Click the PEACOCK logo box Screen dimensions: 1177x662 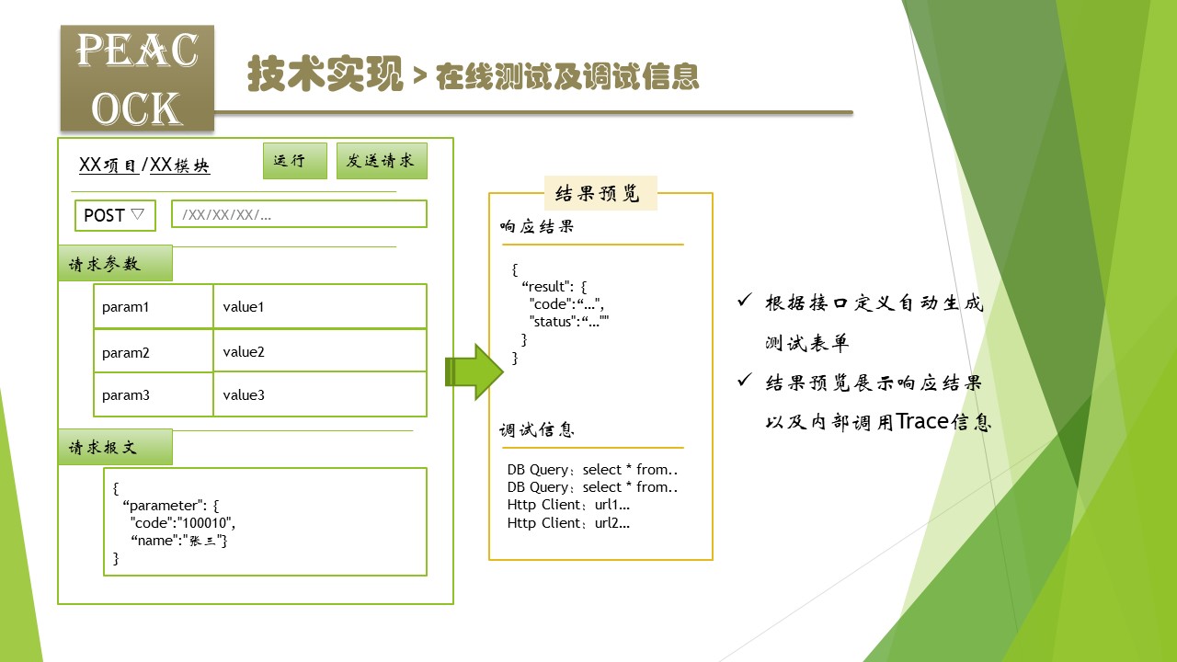[137, 78]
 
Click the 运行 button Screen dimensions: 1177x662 [294, 161]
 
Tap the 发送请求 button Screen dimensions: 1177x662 [382, 161]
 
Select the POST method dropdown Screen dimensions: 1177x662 [115, 215]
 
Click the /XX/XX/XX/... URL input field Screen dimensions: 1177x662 [299, 214]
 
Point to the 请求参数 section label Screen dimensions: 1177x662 [115, 264]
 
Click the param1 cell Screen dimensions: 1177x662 [153, 306]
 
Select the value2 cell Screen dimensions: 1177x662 [319, 351]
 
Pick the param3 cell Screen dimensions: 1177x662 [153, 395]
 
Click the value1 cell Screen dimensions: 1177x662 [319, 306]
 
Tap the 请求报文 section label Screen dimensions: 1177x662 [115, 448]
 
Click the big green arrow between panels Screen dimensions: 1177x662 [474, 371]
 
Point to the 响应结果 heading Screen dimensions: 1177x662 [537, 226]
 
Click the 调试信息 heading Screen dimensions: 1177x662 [537, 429]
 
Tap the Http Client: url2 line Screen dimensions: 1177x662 [568, 523]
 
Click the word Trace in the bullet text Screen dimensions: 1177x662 [922, 422]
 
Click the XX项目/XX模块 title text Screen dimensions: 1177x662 [144, 165]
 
